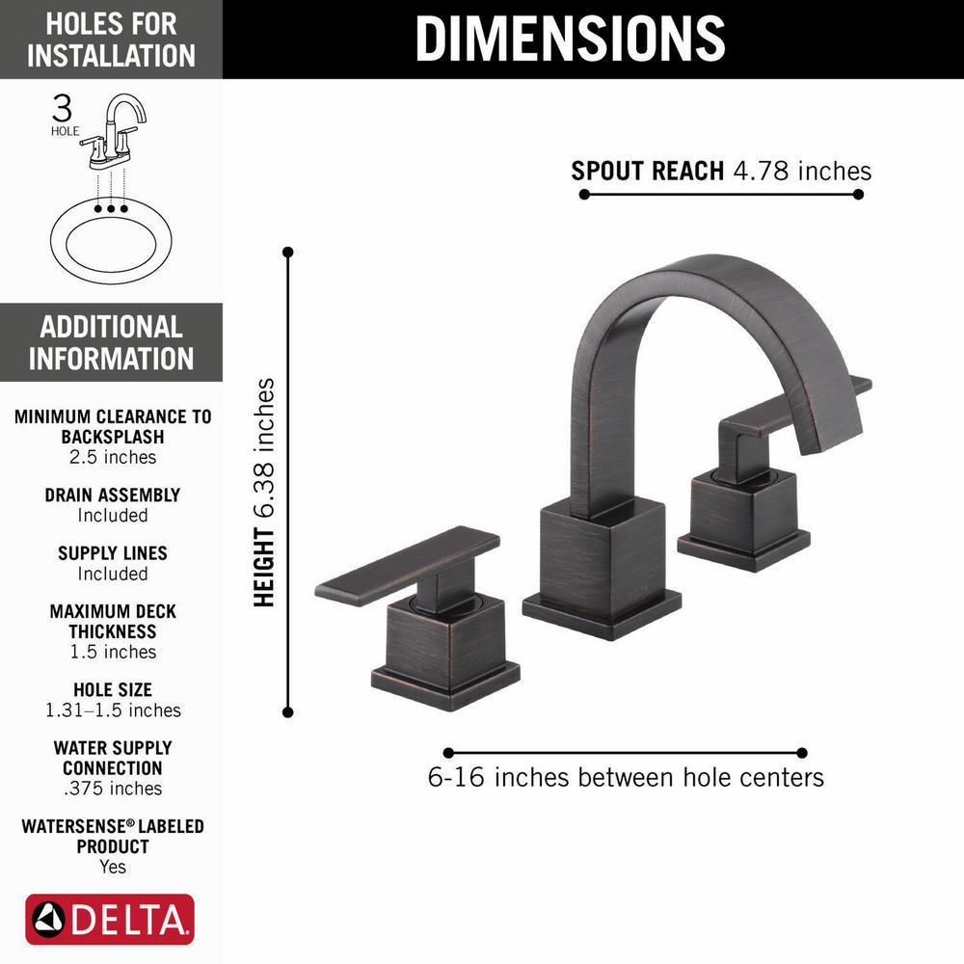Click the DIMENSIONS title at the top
coord(570,39)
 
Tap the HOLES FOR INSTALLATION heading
coord(111,40)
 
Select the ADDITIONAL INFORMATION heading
coord(111,342)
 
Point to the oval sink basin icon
coord(111,236)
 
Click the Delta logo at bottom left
coord(110,921)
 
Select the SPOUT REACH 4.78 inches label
coord(721,171)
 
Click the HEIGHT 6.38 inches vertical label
coord(265,492)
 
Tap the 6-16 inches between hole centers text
coord(626,777)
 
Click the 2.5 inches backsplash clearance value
coord(112,457)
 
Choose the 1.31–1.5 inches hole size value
coord(112,710)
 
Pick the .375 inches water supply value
coord(112,789)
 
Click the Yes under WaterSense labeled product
coord(112,867)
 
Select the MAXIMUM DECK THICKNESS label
coord(112,622)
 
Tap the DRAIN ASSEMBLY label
coord(112,495)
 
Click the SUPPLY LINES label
coord(112,553)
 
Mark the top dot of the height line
coord(287,253)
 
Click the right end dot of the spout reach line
coord(858,194)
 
